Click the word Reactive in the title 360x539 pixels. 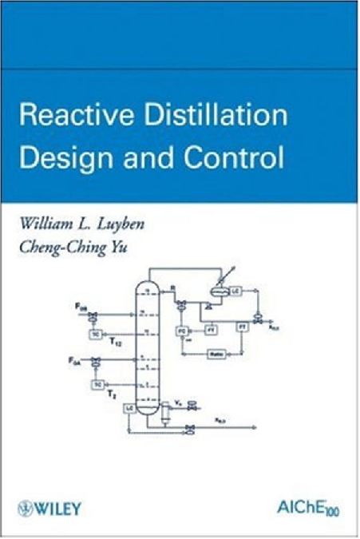pos(66,117)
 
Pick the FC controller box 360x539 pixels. pos(182,329)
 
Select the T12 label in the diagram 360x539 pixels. pos(115,341)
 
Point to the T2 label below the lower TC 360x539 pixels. pos(113,394)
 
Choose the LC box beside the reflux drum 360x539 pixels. pos(236,291)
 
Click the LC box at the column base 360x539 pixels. pos(128,408)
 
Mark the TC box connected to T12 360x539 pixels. pos(97,332)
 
